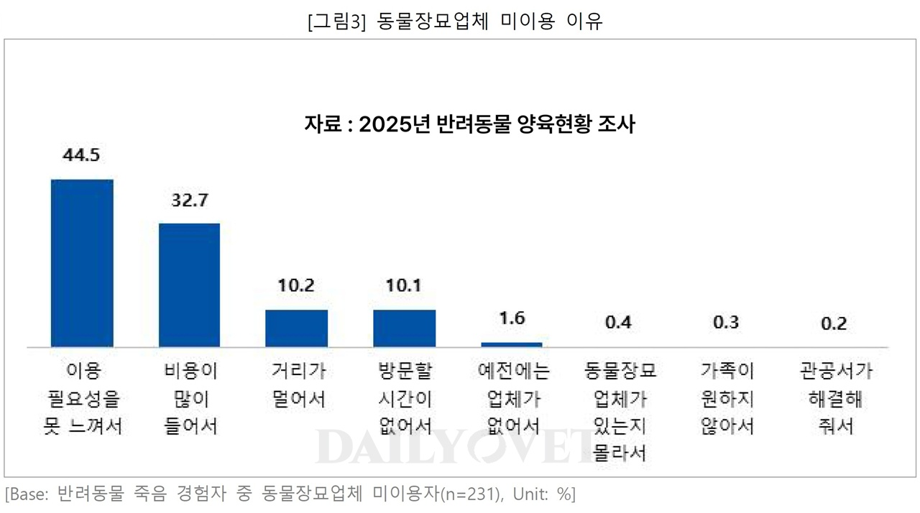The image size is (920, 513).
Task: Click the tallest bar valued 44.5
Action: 81,263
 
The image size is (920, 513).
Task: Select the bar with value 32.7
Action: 189,285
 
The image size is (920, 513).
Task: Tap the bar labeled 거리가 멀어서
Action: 296,328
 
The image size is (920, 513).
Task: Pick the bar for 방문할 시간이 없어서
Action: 404,328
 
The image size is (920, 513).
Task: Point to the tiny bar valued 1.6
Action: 511,344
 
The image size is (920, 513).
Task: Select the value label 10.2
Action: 296,286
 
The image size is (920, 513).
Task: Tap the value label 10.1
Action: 404,286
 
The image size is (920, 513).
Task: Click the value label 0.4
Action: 619,323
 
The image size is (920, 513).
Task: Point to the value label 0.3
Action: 726,323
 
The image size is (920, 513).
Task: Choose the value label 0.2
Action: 834,323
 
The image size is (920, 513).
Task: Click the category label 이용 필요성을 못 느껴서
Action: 81,399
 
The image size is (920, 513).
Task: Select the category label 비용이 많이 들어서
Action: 189,399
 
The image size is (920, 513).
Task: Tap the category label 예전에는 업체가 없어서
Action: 512,399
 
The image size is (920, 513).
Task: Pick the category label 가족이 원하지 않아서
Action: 727,399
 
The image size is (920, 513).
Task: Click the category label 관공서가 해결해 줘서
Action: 834,399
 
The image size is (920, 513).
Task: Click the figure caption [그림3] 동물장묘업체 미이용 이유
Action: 454,22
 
